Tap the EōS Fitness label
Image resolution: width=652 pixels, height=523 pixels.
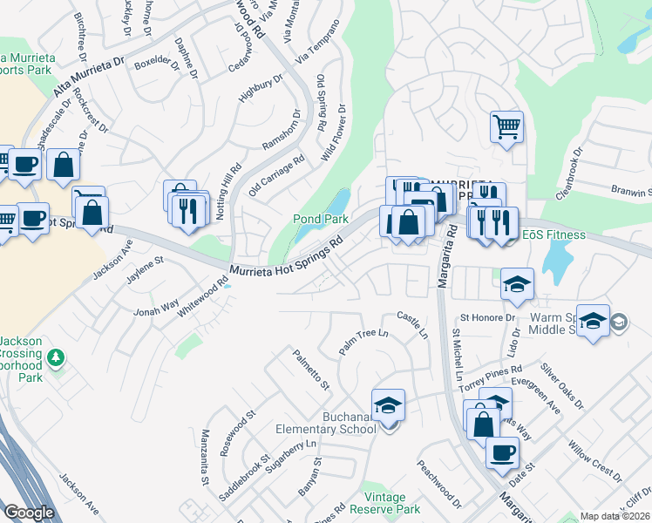pyautogui.click(x=554, y=235)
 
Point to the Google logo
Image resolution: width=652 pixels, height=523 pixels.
pyautogui.click(x=29, y=513)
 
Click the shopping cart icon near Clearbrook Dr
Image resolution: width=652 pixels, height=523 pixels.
pyautogui.click(x=506, y=127)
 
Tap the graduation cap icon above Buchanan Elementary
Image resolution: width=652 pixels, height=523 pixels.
pyautogui.click(x=388, y=404)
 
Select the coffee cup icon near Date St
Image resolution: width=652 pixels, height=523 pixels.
pyautogui.click(x=502, y=452)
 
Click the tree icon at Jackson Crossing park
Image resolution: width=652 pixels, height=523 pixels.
pyautogui.click(x=55, y=357)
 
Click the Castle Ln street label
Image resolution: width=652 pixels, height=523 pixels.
pyautogui.click(x=413, y=325)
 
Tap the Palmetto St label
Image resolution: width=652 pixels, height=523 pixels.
pyautogui.click(x=311, y=370)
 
